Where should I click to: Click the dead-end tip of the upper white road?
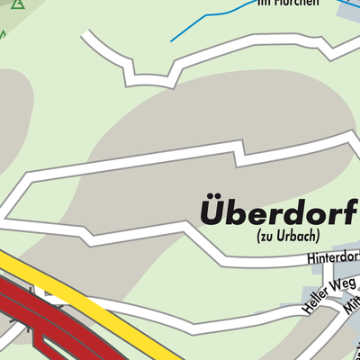(x=86, y=35)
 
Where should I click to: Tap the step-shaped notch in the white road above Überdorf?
(x=240, y=155)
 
